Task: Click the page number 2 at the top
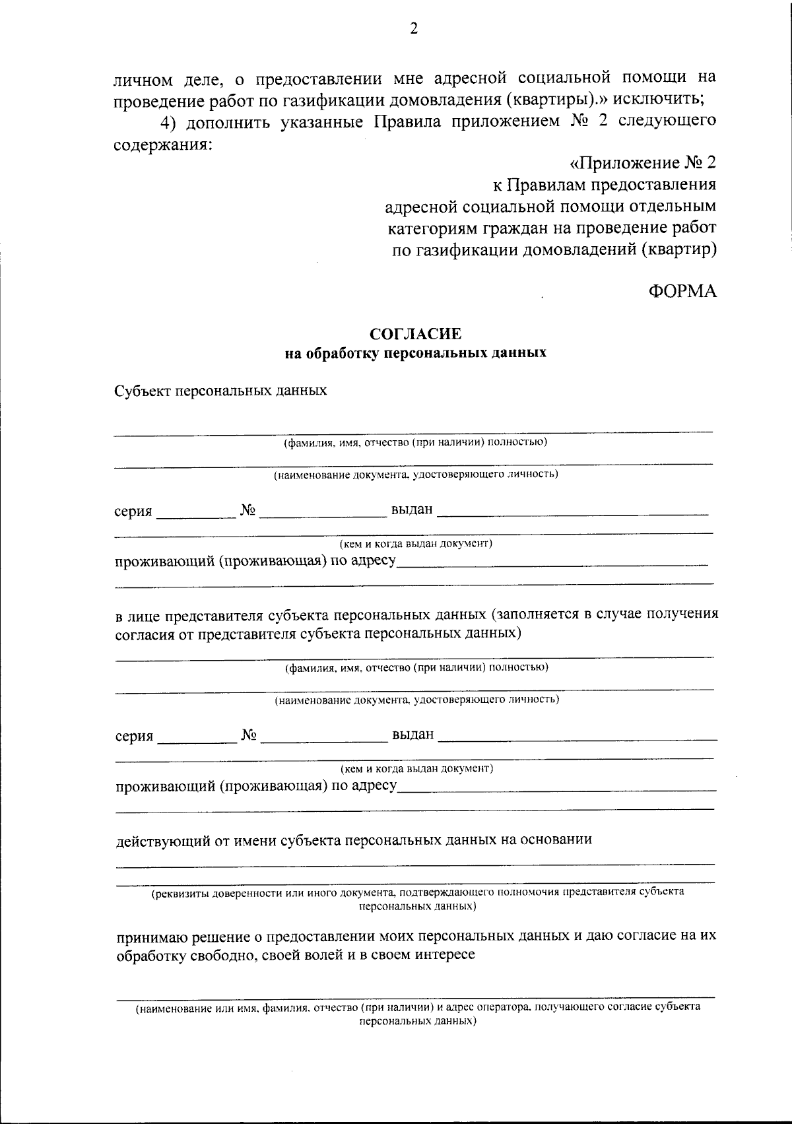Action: pyautogui.click(x=414, y=28)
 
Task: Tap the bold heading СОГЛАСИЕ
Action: pyautogui.click(x=415, y=335)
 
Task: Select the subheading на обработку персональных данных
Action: pyautogui.click(x=415, y=353)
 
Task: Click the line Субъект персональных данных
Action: pyautogui.click(x=221, y=391)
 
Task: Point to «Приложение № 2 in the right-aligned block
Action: pyautogui.click(x=642, y=163)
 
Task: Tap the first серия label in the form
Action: pyautogui.click(x=133, y=512)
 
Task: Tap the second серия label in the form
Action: pyautogui.click(x=134, y=736)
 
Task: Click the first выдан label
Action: pyautogui.click(x=412, y=510)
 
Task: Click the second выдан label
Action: pyautogui.click(x=413, y=734)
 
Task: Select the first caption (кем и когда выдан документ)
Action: pyautogui.click(x=416, y=545)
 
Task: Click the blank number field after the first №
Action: pyautogui.click(x=322, y=512)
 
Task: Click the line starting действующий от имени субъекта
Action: pyautogui.click(x=354, y=840)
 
